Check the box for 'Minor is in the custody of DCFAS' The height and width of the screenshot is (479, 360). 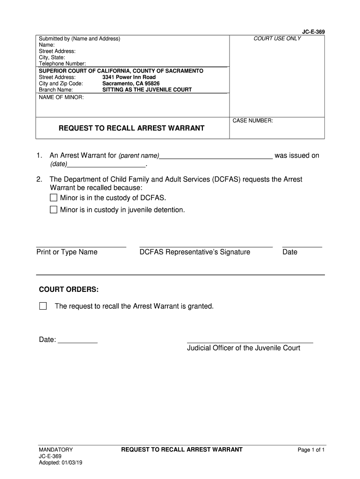(53, 197)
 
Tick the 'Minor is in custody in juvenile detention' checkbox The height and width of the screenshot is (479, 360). (53, 210)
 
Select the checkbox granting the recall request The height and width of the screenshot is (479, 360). (43, 306)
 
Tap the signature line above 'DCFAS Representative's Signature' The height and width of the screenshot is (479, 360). (206, 246)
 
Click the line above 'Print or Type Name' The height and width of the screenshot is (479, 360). (81, 246)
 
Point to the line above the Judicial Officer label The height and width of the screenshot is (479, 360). (250, 342)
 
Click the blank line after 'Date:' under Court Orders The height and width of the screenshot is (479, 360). (78, 342)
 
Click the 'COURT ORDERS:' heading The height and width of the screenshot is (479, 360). (69, 290)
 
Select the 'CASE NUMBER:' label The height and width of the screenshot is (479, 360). (253, 121)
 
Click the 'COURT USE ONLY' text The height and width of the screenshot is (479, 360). (277, 38)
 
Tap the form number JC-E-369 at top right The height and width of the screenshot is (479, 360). (313, 32)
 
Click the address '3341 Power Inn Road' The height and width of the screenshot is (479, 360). (129, 77)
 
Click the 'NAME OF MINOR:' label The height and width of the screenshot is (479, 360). (61, 97)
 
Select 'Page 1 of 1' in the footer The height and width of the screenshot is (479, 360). (311, 450)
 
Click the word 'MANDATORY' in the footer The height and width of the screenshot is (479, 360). (56, 450)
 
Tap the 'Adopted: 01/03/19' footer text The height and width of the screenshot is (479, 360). (61, 463)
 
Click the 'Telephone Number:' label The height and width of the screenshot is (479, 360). (62, 63)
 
